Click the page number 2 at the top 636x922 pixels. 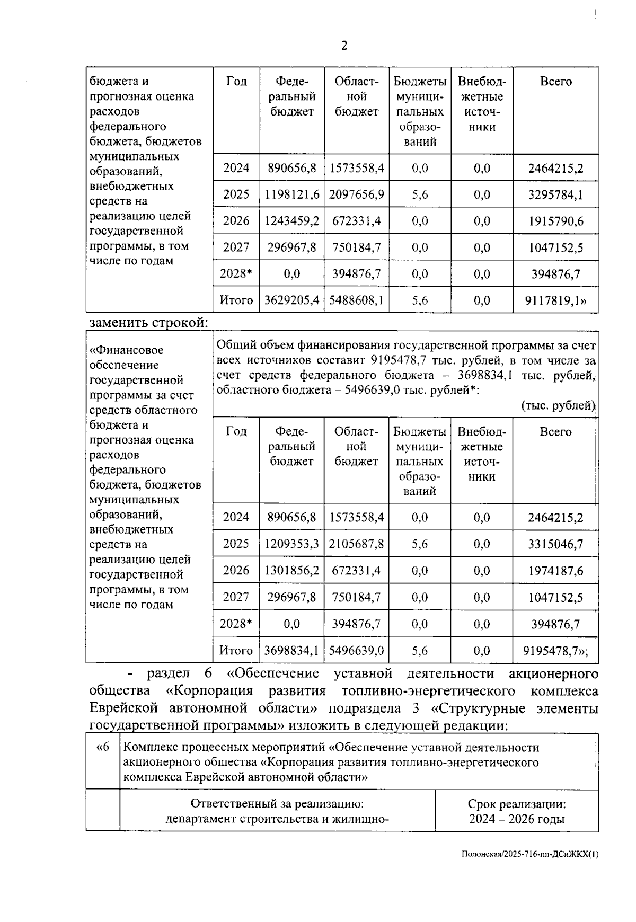pyautogui.click(x=344, y=46)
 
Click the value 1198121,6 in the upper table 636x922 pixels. pyautogui.click(x=292, y=194)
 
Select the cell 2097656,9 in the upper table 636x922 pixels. pyautogui.click(x=356, y=194)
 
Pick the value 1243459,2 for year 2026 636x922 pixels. pyautogui.click(x=292, y=221)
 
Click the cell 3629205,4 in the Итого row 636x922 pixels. pyautogui.click(x=292, y=301)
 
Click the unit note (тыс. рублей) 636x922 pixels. pyautogui.click(x=559, y=405)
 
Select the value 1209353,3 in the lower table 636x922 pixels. pyautogui.click(x=292, y=544)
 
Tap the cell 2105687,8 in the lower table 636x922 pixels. pyautogui.click(x=356, y=544)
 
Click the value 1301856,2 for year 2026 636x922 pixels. pyautogui.click(x=292, y=571)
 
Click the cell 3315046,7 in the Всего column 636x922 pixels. pyautogui.click(x=555, y=544)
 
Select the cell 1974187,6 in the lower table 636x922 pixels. pyautogui.click(x=555, y=571)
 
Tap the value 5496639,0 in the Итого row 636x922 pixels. pyautogui.click(x=356, y=651)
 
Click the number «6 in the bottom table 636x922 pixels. pyautogui.click(x=102, y=748)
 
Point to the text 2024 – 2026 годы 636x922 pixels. pyautogui.click(x=516, y=819)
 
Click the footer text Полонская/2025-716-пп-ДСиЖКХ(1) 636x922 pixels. pyautogui.click(x=530, y=854)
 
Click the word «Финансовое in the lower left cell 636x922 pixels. pyautogui.click(x=127, y=350)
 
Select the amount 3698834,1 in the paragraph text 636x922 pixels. pyautogui.click(x=484, y=376)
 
